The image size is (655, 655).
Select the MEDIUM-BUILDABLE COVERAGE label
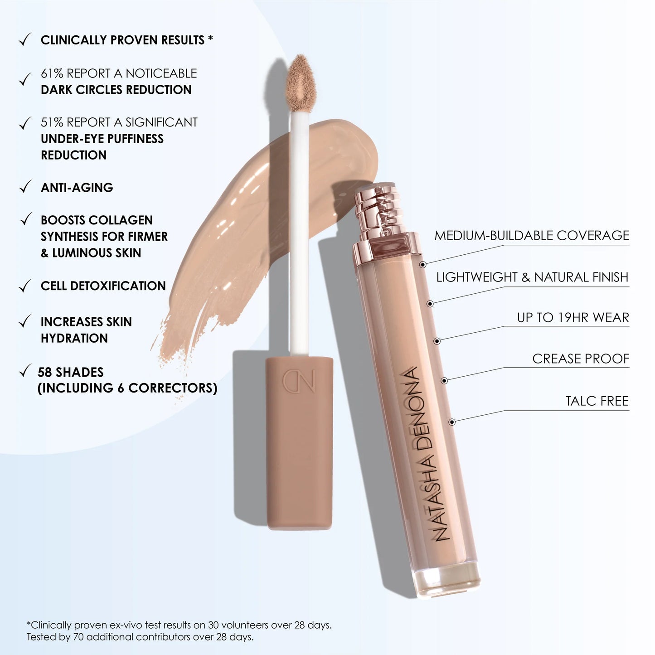pos(532,236)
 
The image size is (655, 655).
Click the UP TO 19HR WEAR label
pos(573,318)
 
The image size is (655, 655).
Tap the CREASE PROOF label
pos(581,359)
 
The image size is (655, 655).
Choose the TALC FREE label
pos(597,401)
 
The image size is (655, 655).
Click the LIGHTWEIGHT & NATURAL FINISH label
pos(532,277)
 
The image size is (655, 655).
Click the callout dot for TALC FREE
pos(451,422)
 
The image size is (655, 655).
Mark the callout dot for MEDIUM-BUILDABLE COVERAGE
pos(422,264)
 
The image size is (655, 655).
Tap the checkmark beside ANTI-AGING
pos(25,187)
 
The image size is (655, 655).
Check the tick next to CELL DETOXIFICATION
pos(25,286)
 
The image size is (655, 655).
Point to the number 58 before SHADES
pos(45,372)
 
